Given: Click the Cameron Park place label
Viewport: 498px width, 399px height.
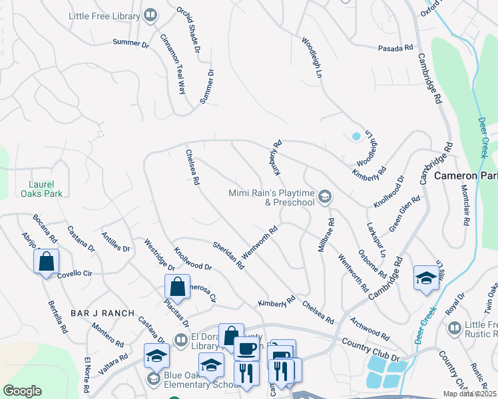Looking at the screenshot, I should tap(465, 176).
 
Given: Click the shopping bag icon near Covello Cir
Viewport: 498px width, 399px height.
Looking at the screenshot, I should tap(46, 261).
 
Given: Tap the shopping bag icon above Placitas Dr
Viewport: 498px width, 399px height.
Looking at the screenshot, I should tap(178, 287).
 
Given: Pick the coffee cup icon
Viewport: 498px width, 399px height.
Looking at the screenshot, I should tap(247, 348).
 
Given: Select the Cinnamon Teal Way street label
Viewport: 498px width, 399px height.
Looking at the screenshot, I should tap(170, 64).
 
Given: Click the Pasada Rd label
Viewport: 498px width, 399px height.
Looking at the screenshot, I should tap(395, 49).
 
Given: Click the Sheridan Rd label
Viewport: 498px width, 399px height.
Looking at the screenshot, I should tap(228, 255).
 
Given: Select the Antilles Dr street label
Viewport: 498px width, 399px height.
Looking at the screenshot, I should tap(115, 241).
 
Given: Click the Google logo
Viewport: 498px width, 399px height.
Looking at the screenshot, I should tap(22, 391).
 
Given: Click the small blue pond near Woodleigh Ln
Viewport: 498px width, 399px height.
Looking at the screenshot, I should tap(356, 136).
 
